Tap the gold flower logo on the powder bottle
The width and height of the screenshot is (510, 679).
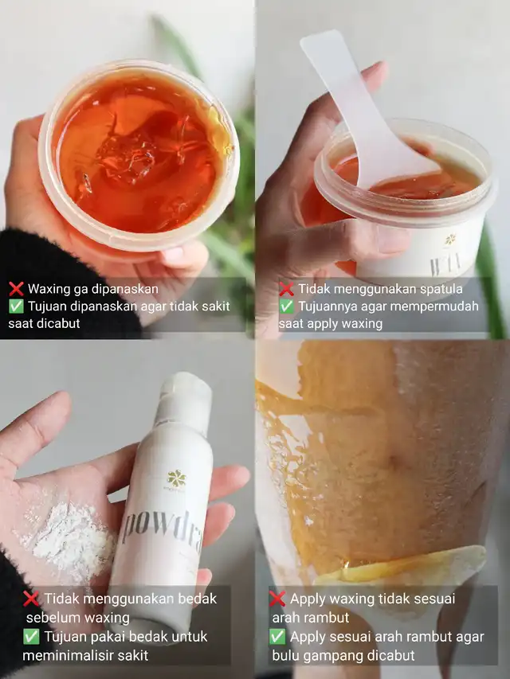click(176, 478)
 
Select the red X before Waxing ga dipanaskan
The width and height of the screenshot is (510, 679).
click(16, 289)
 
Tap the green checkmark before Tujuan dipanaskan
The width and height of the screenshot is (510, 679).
click(16, 306)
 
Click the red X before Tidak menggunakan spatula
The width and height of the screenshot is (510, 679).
click(286, 289)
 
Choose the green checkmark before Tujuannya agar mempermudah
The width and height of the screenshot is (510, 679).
click(286, 306)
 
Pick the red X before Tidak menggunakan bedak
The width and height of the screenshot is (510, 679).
click(31, 599)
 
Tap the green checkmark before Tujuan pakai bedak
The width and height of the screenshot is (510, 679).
click(31, 637)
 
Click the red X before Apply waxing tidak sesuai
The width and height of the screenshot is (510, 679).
click(277, 599)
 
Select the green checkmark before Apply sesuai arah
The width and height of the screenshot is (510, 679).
click(277, 637)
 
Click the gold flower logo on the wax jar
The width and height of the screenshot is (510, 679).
click(451, 240)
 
